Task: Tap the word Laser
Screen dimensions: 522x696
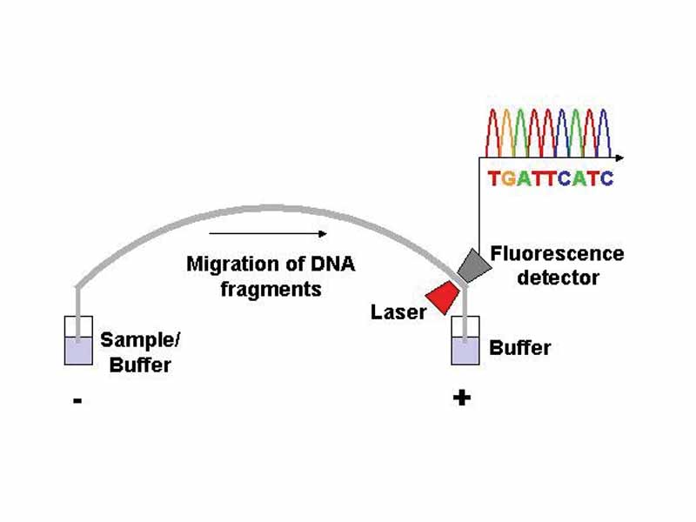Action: pos(398,311)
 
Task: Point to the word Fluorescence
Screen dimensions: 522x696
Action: pos(557,254)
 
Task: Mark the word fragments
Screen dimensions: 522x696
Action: pos(271,288)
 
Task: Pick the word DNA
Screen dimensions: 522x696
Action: pos(333,264)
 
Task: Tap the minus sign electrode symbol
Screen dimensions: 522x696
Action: pos(78,401)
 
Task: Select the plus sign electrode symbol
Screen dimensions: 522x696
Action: pos(462,398)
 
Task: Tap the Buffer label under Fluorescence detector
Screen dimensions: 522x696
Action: pos(520,348)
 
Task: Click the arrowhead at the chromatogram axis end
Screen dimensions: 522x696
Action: pos(619,157)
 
